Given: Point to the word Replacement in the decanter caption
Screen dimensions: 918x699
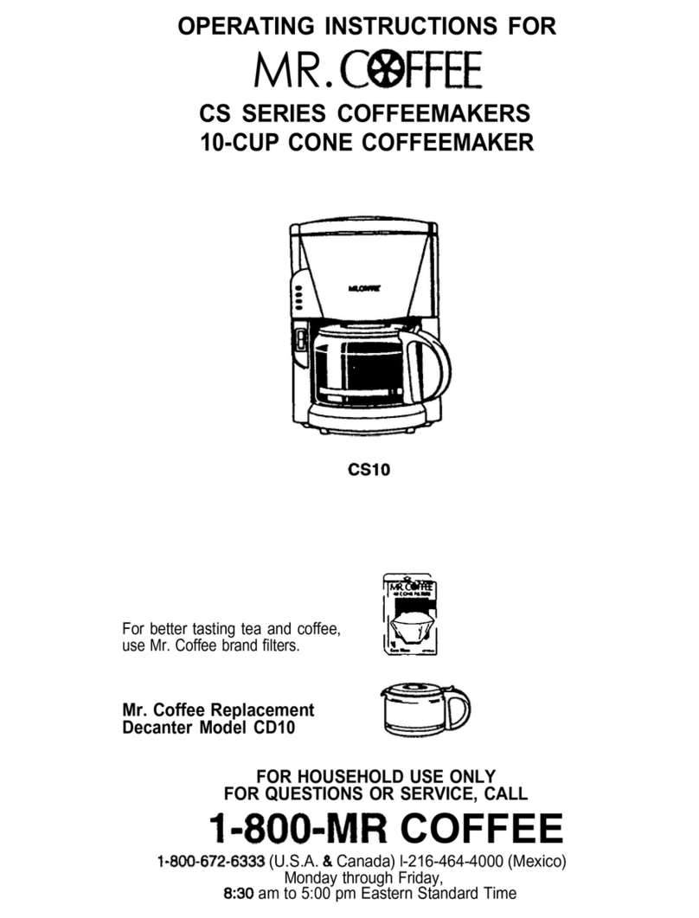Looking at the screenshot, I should point(266,710).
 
